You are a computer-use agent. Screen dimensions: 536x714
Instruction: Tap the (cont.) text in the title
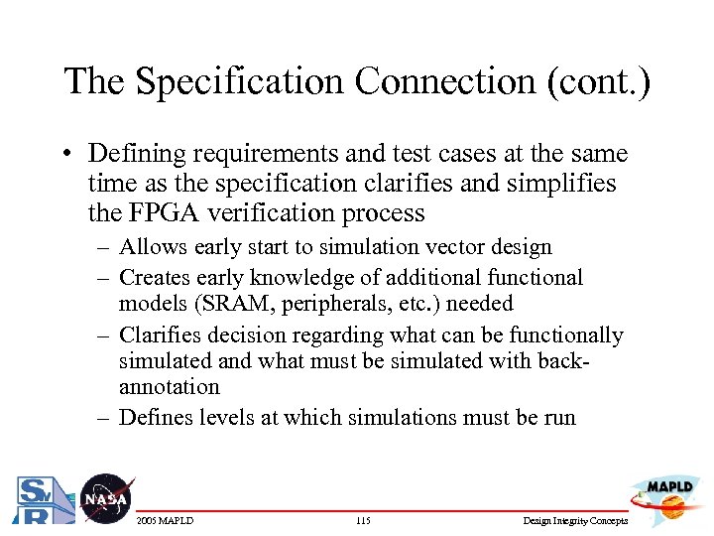[598, 81]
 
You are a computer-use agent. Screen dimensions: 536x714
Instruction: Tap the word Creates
[154, 278]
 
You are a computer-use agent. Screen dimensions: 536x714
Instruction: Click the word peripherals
[324, 303]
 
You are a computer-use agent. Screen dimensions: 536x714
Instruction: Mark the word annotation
[169, 387]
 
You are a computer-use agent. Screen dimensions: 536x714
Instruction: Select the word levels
[225, 417]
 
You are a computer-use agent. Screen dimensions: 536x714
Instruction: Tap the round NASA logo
[105, 498]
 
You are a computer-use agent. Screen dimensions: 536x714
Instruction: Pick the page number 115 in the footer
[362, 521]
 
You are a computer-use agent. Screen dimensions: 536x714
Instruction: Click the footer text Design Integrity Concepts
[574, 521]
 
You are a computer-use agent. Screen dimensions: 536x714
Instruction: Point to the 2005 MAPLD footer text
[165, 521]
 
